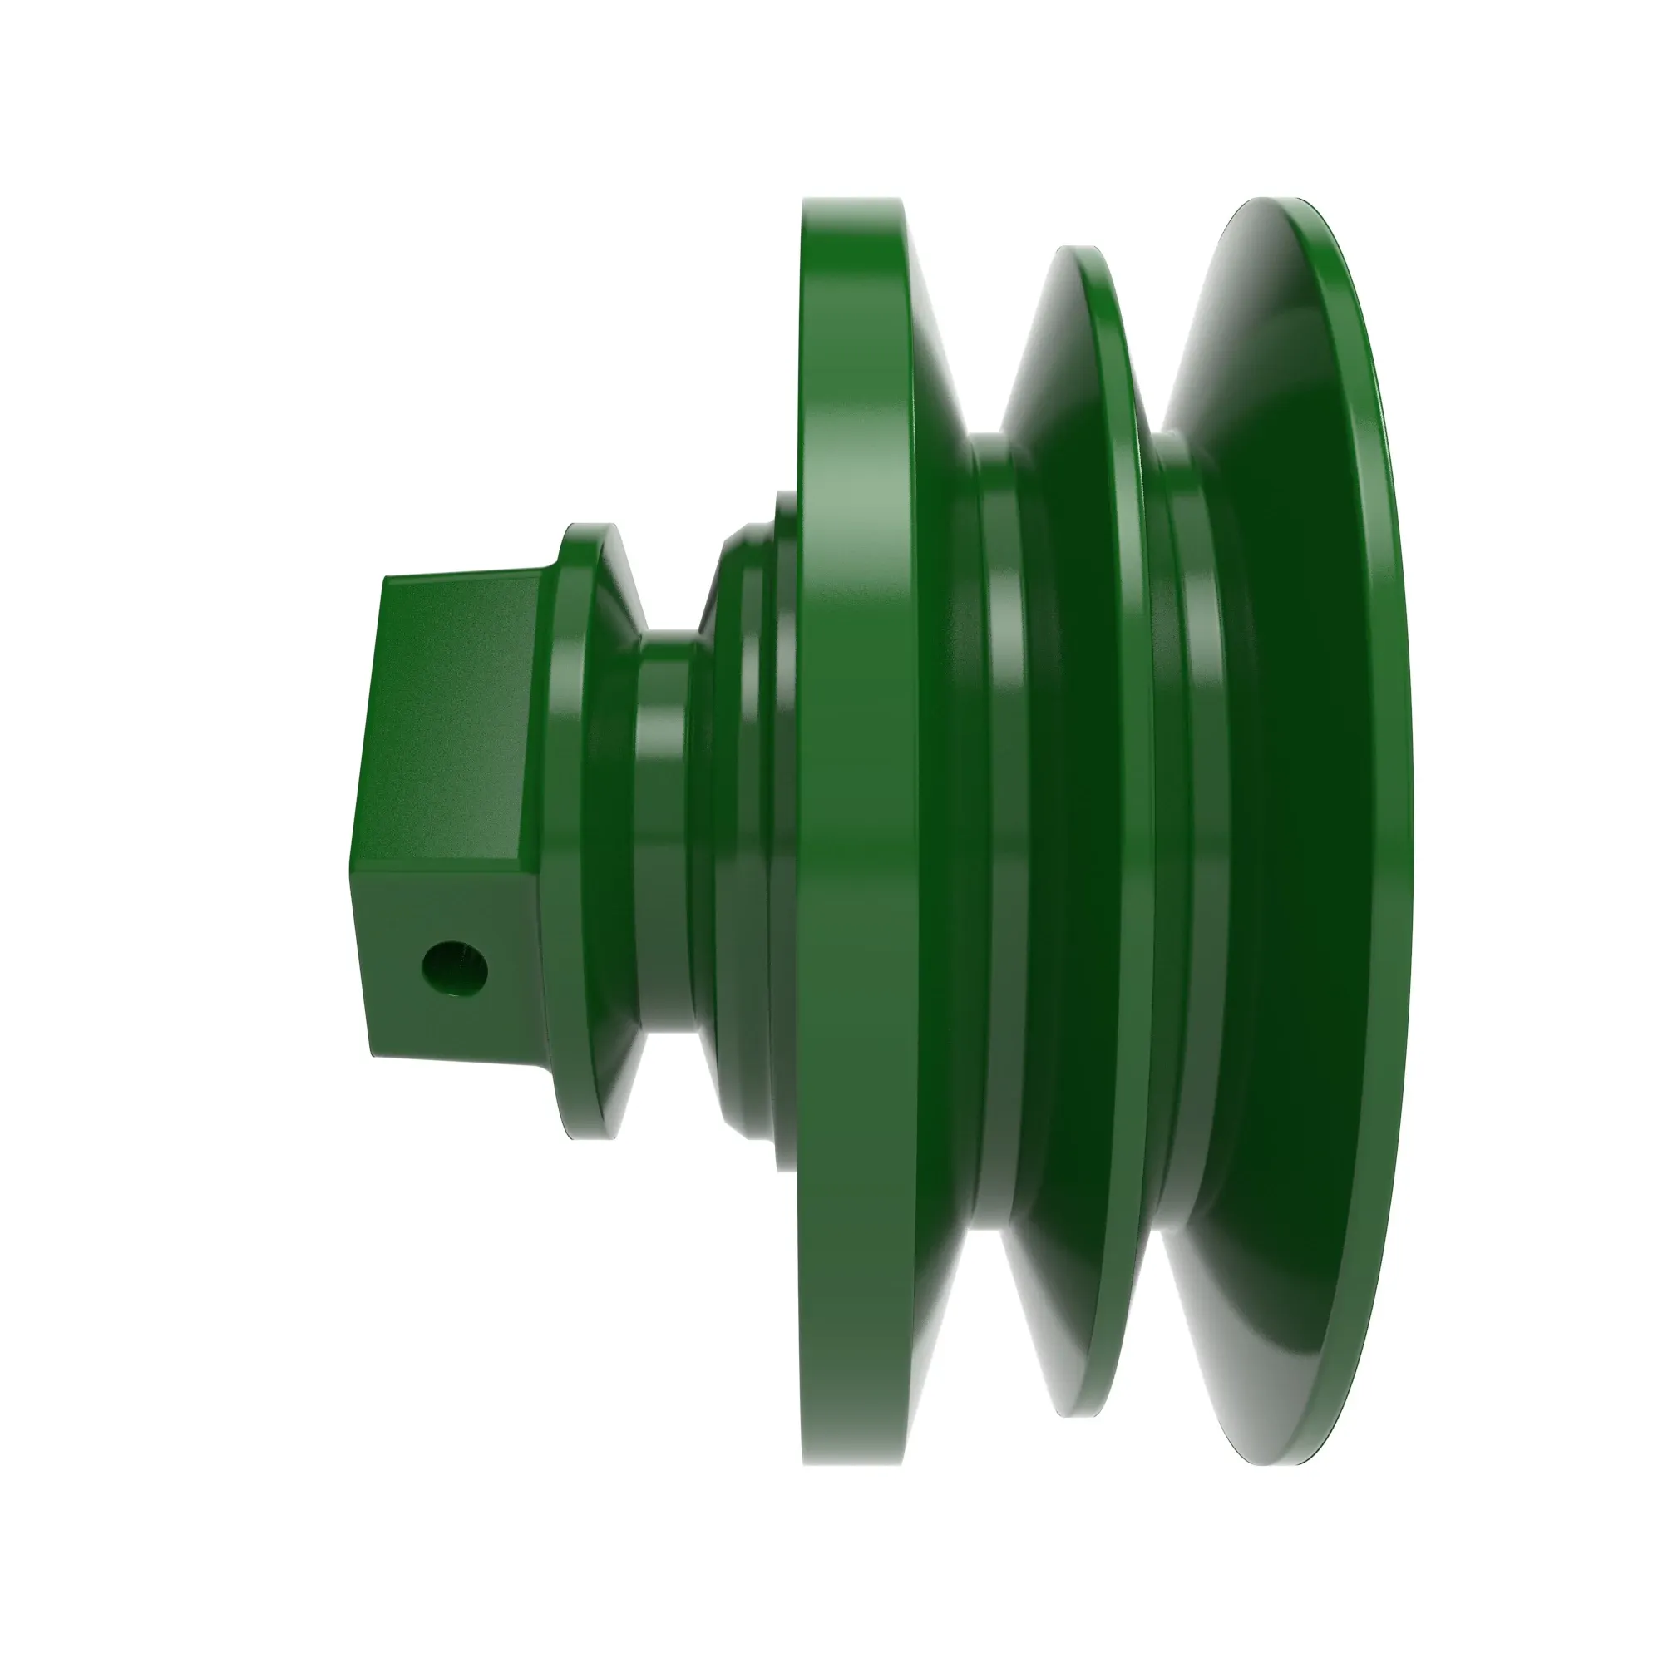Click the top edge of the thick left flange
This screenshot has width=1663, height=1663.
click(852, 201)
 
